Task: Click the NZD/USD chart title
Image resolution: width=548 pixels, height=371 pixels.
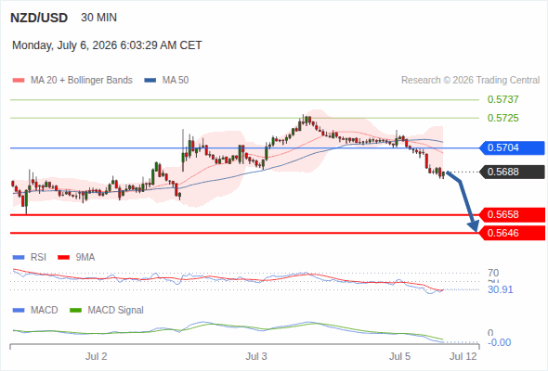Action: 39,18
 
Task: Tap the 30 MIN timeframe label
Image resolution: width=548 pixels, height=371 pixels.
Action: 98,18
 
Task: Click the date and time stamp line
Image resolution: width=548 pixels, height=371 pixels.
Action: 107,45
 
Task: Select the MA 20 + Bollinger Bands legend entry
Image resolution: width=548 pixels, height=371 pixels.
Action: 72,81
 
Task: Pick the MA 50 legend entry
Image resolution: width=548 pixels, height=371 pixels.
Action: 166,81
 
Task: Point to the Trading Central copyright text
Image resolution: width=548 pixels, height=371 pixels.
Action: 470,81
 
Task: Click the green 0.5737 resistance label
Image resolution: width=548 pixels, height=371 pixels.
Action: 502,99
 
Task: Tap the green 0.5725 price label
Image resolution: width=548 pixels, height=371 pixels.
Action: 502,118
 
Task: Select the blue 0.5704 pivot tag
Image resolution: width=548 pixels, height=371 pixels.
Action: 512,148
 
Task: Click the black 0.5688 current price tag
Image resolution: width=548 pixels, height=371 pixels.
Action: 512,172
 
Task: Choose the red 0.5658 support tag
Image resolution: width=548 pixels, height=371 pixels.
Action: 512,214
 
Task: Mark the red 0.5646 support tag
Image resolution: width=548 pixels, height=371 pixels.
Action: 512,233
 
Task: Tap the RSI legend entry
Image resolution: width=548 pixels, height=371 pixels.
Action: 30,257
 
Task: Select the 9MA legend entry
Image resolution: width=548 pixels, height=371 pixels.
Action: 76,257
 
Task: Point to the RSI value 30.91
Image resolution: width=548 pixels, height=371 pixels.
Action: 501,289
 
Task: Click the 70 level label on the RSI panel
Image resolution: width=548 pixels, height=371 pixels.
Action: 493,273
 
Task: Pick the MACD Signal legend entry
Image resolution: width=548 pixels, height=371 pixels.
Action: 107,310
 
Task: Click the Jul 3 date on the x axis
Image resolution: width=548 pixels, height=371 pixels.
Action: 256,356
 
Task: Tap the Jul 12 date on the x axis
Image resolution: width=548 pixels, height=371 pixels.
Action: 463,356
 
